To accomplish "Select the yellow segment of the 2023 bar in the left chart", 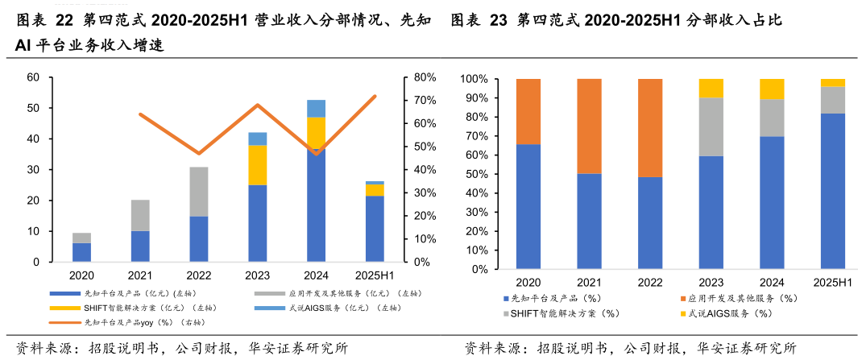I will tap(257, 165).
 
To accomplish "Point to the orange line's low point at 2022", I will tap(199, 153).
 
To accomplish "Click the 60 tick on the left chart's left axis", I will tap(33, 77).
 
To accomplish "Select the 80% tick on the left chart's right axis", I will tap(425, 77).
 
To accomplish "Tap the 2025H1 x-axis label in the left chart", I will tap(375, 275).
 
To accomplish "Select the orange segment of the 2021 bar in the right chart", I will tap(589, 126).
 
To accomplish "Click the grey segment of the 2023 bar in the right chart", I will tap(711, 126).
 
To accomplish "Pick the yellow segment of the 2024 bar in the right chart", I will tap(772, 89).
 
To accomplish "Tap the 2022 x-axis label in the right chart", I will tap(650, 283).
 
